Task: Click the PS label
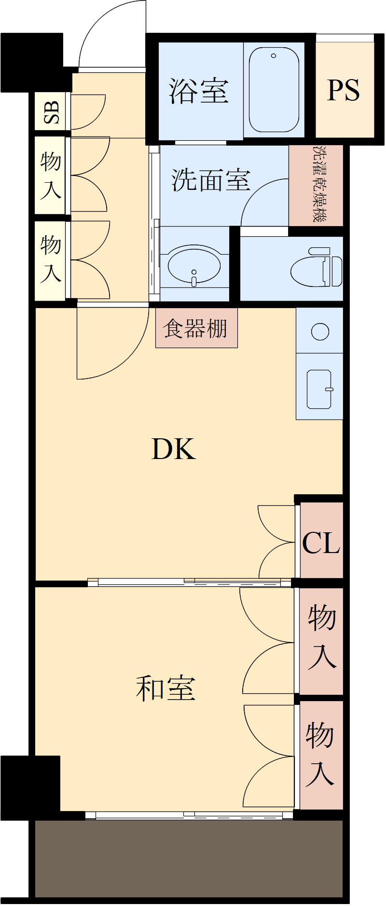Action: (x=343, y=90)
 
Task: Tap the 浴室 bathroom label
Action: (x=198, y=91)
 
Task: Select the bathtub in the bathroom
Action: (x=274, y=90)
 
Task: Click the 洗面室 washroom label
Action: (x=211, y=179)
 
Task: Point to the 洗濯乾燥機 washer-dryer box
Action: (x=316, y=184)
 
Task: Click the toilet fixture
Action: (x=316, y=268)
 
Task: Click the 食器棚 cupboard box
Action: (x=196, y=328)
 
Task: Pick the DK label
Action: (x=173, y=449)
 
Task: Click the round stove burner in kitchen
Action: (x=320, y=331)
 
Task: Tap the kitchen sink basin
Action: (x=320, y=389)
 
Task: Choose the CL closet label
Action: (x=321, y=543)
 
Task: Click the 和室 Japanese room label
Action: (x=165, y=688)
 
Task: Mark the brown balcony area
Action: (x=188, y=858)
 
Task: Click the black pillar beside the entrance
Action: (x=31, y=63)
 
